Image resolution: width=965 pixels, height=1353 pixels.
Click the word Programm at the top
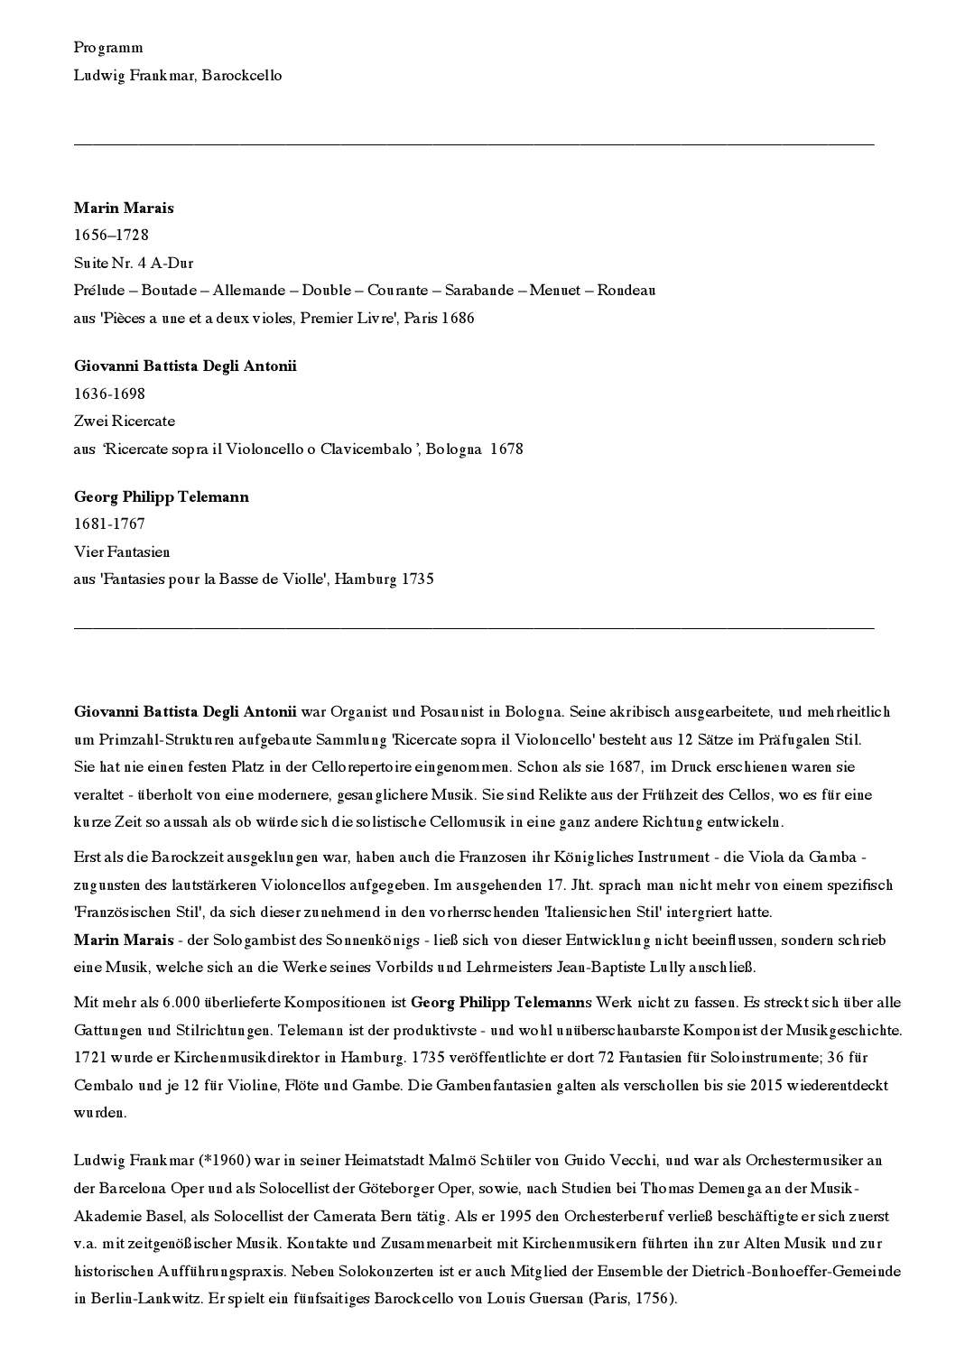click(108, 48)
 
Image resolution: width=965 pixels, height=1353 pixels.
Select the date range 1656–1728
click(111, 235)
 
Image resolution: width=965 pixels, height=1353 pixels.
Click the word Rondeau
click(626, 290)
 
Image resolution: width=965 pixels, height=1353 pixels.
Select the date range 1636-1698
click(109, 394)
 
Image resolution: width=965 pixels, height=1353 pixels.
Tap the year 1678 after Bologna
click(506, 449)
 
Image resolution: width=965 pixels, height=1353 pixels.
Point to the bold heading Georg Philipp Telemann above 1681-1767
click(162, 496)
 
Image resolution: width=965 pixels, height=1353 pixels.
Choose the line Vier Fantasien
click(122, 551)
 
